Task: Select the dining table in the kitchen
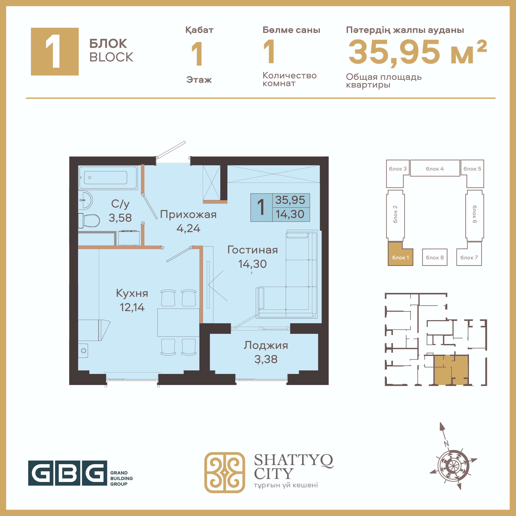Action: click(178, 322)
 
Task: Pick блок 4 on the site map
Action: click(435, 168)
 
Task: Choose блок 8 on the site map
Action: click(435, 257)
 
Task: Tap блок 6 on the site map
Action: click(475, 214)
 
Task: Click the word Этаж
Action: click(199, 80)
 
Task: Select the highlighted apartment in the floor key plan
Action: click(451, 370)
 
